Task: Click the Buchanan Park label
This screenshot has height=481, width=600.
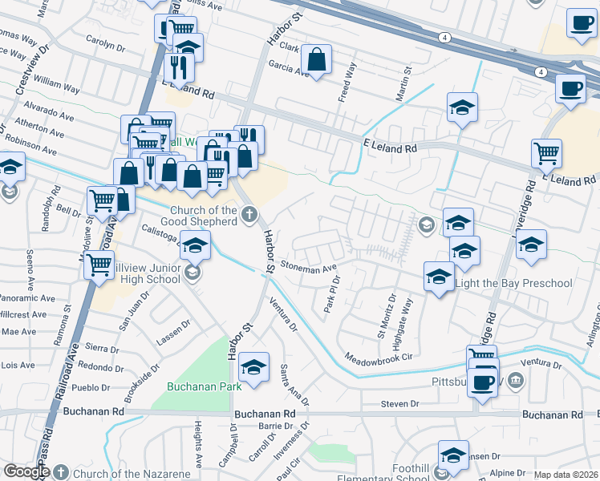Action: (x=204, y=386)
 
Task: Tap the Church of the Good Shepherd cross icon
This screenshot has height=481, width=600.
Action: (x=249, y=214)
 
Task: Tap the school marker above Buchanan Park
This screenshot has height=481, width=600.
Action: (x=253, y=369)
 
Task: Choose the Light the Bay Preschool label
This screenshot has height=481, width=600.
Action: (x=513, y=283)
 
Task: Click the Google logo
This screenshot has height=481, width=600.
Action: (x=26, y=472)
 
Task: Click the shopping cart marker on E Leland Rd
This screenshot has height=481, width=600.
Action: (x=546, y=152)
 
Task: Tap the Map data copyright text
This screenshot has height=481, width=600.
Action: (x=566, y=475)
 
